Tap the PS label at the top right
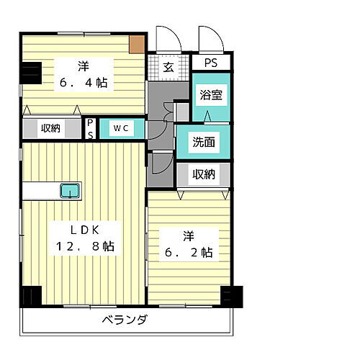pyautogui.click(x=211, y=62)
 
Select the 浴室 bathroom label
pyautogui.click(x=211, y=93)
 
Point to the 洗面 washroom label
pyautogui.click(x=204, y=142)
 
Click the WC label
pyautogui.click(x=120, y=128)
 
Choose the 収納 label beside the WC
pyautogui.click(x=50, y=128)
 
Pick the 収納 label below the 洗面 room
pyautogui.click(x=204, y=174)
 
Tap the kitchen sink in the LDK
pyautogui.click(x=70, y=191)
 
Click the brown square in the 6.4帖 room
pyautogui.click(x=137, y=43)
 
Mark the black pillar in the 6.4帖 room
pyautogui.click(x=30, y=73)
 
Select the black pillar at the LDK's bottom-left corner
pyautogui.click(x=30, y=297)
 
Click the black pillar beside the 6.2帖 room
pyautogui.click(x=231, y=294)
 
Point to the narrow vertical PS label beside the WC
pyautogui.click(x=90, y=129)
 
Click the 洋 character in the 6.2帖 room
pyautogui.click(x=188, y=235)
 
